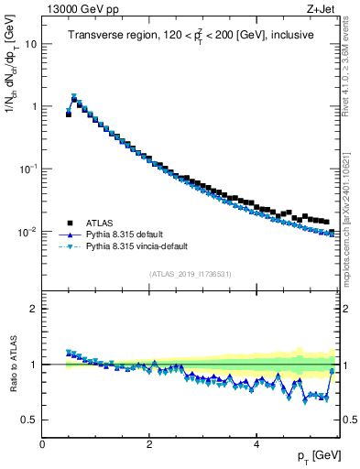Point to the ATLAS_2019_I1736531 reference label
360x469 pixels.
pos(190,275)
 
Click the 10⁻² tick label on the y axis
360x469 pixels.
pos(27,232)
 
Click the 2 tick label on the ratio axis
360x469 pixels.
pos(34,309)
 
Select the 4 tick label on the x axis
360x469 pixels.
pos(256,444)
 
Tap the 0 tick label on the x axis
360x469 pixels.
pos(42,444)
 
